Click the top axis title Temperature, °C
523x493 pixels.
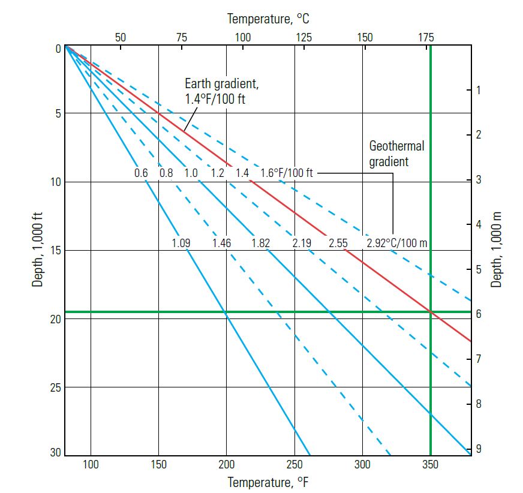pos(268,19)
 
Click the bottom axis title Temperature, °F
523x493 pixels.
pos(267,482)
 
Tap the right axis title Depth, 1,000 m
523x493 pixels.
pos(497,249)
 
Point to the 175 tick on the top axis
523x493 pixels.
pos(426,37)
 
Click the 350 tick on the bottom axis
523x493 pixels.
pos(430,464)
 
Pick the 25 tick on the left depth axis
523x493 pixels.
pos(55,387)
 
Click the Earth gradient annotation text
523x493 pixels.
pos(215,92)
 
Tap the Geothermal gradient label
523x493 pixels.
pos(396,154)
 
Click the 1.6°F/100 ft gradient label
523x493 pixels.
pos(287,173)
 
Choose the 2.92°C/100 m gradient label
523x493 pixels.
pos(396,244)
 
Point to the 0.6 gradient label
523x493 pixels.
pos(141,173)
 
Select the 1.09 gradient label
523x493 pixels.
pos(181,244)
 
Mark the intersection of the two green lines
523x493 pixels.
pos(430,312)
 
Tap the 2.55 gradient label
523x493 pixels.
pos(338,244)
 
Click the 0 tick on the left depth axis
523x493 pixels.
pos(58,49)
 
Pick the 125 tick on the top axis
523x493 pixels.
pos(304,37)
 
